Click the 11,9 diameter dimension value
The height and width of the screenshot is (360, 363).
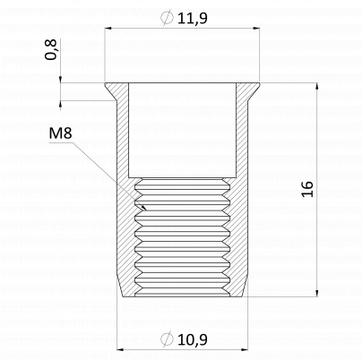click(193, 18)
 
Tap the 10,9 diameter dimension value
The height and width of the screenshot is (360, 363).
click(193, 339)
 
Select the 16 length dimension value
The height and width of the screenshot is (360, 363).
click(307, 189)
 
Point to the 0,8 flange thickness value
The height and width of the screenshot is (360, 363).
click(51, 49)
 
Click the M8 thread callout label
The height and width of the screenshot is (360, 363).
click(60, 133)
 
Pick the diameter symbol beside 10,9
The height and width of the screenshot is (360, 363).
click(167, 339)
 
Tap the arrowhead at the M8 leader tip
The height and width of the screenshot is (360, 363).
click(144, 207)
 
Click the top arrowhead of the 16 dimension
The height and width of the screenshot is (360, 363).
click(316, 86)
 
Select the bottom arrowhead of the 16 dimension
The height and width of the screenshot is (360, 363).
click(316, 293)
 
